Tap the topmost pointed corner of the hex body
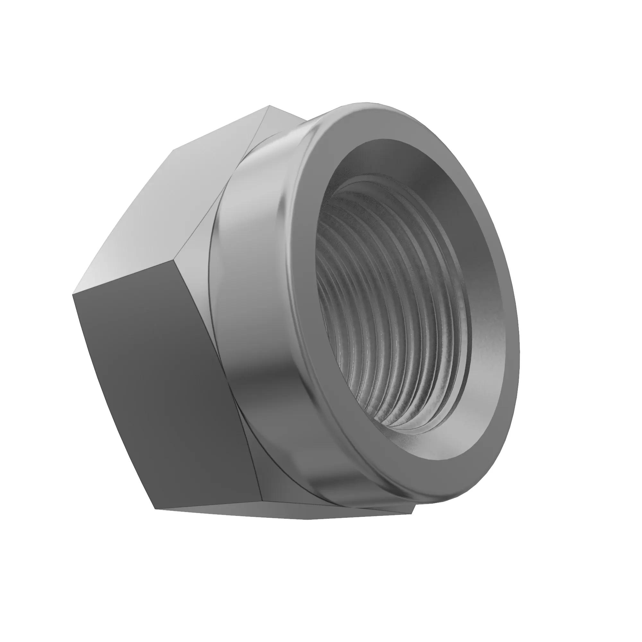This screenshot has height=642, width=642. pyautogui.click(x=270, y=106)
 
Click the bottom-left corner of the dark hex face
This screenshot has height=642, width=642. pyautogui.click(x=155, y=518)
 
